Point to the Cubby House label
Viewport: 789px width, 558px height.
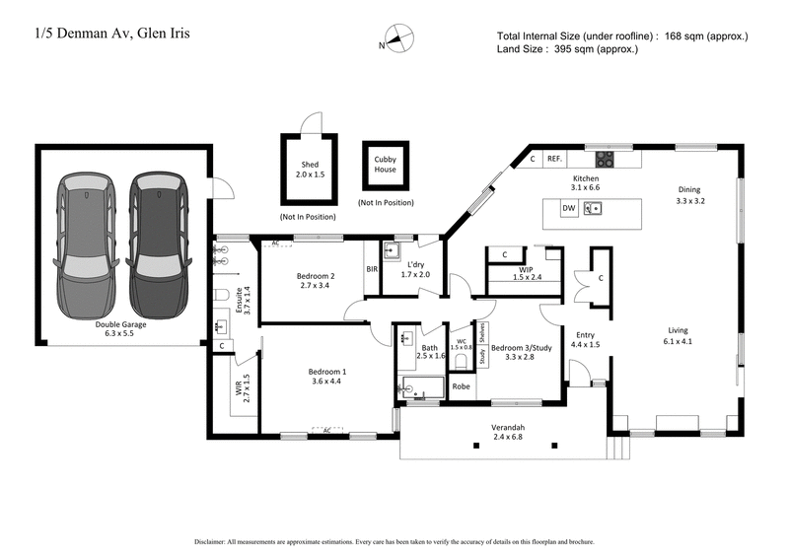point(385,163)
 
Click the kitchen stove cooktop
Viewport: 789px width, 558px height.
point(601,157)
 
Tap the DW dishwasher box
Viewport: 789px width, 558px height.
point(569,209)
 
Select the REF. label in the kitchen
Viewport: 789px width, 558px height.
point(554,158)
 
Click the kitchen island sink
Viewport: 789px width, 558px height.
point(595,208)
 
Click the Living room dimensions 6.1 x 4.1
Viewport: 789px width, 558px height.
point(678,342)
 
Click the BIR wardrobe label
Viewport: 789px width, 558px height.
point(373,267)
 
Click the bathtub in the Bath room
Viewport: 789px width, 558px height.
point(422,387)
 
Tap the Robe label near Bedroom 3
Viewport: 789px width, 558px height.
point(462,386)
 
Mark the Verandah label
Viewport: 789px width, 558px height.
point(508,428)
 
